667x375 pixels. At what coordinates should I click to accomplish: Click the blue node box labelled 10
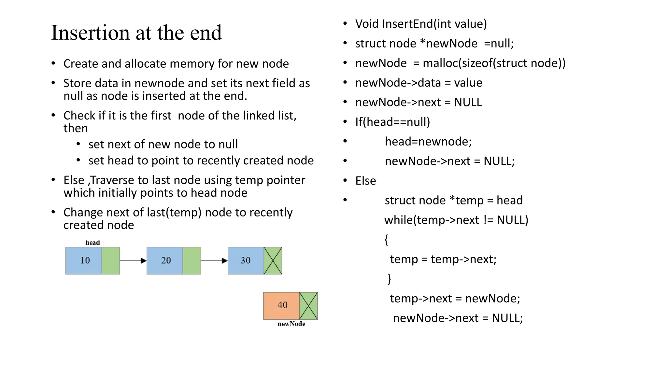pyautogui.click(x=84, y=260)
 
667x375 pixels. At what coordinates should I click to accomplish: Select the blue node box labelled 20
pyautogui.click(x=165, y=260)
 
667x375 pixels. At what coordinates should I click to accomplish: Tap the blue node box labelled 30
pyautogui.click(x=246, y=260)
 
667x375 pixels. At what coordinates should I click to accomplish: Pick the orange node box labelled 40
pyautogui.click(x=281, y=305)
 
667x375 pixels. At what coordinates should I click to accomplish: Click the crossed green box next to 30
pyautogui.click(x=273, y=260)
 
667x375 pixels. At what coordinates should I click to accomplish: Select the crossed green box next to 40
pyautogui.click(x=308, y=305)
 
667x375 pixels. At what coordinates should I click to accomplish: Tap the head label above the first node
pyautogui.click(x=92, y=243)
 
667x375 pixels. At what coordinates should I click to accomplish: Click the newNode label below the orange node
pyautogui.click(x=291, y=324)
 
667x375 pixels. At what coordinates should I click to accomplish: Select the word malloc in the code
pyautogui.click(x=440, y=63)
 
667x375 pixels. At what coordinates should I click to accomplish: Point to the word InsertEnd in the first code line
pyautogui.click(x=407, y=24)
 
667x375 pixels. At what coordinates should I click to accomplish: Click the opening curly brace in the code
pyautogui.click(x=386, y=240)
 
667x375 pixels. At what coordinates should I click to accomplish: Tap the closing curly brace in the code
pyautogui.click(x=389, y=279)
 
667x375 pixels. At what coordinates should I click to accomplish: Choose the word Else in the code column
pyautogui.click(x=365, y=181)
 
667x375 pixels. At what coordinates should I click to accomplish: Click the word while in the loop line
pyautogui.click(x=398, y=220)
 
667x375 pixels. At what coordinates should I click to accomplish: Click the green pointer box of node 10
pyautogui.click(x=111, y=260)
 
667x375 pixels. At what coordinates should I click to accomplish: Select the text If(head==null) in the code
pyautogui.click(x=392, y=122)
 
